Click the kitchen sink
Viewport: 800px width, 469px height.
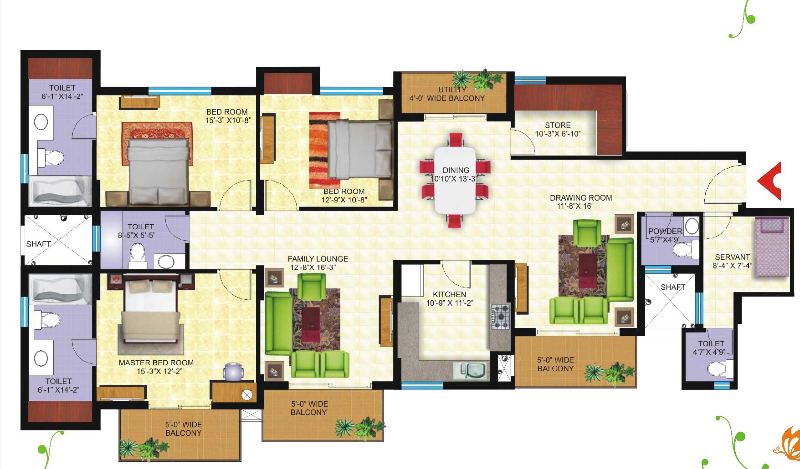tap(470, 371)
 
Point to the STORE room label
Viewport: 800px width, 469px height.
tap(558, 125)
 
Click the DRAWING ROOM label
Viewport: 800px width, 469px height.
tap(581, 198)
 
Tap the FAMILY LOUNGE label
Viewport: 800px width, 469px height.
tap(318, 259)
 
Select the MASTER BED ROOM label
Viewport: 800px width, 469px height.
tap(156, 363)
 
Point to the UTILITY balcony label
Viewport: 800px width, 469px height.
tap(452, 90)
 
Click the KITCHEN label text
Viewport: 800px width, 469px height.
tap(449, 294)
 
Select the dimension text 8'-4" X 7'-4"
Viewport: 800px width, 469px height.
tap(732, 266)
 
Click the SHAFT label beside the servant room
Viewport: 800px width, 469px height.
tap(673, 287)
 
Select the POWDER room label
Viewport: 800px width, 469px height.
tap(665, 231)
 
